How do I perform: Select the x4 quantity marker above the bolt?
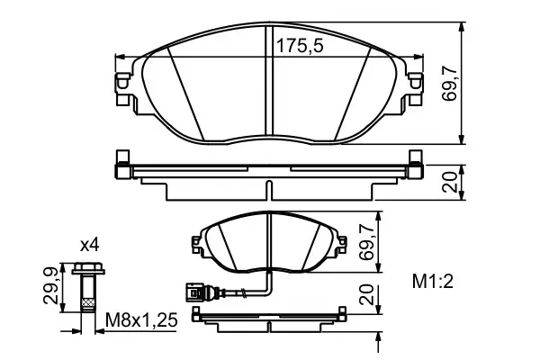89,245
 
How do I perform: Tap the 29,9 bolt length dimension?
50,285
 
